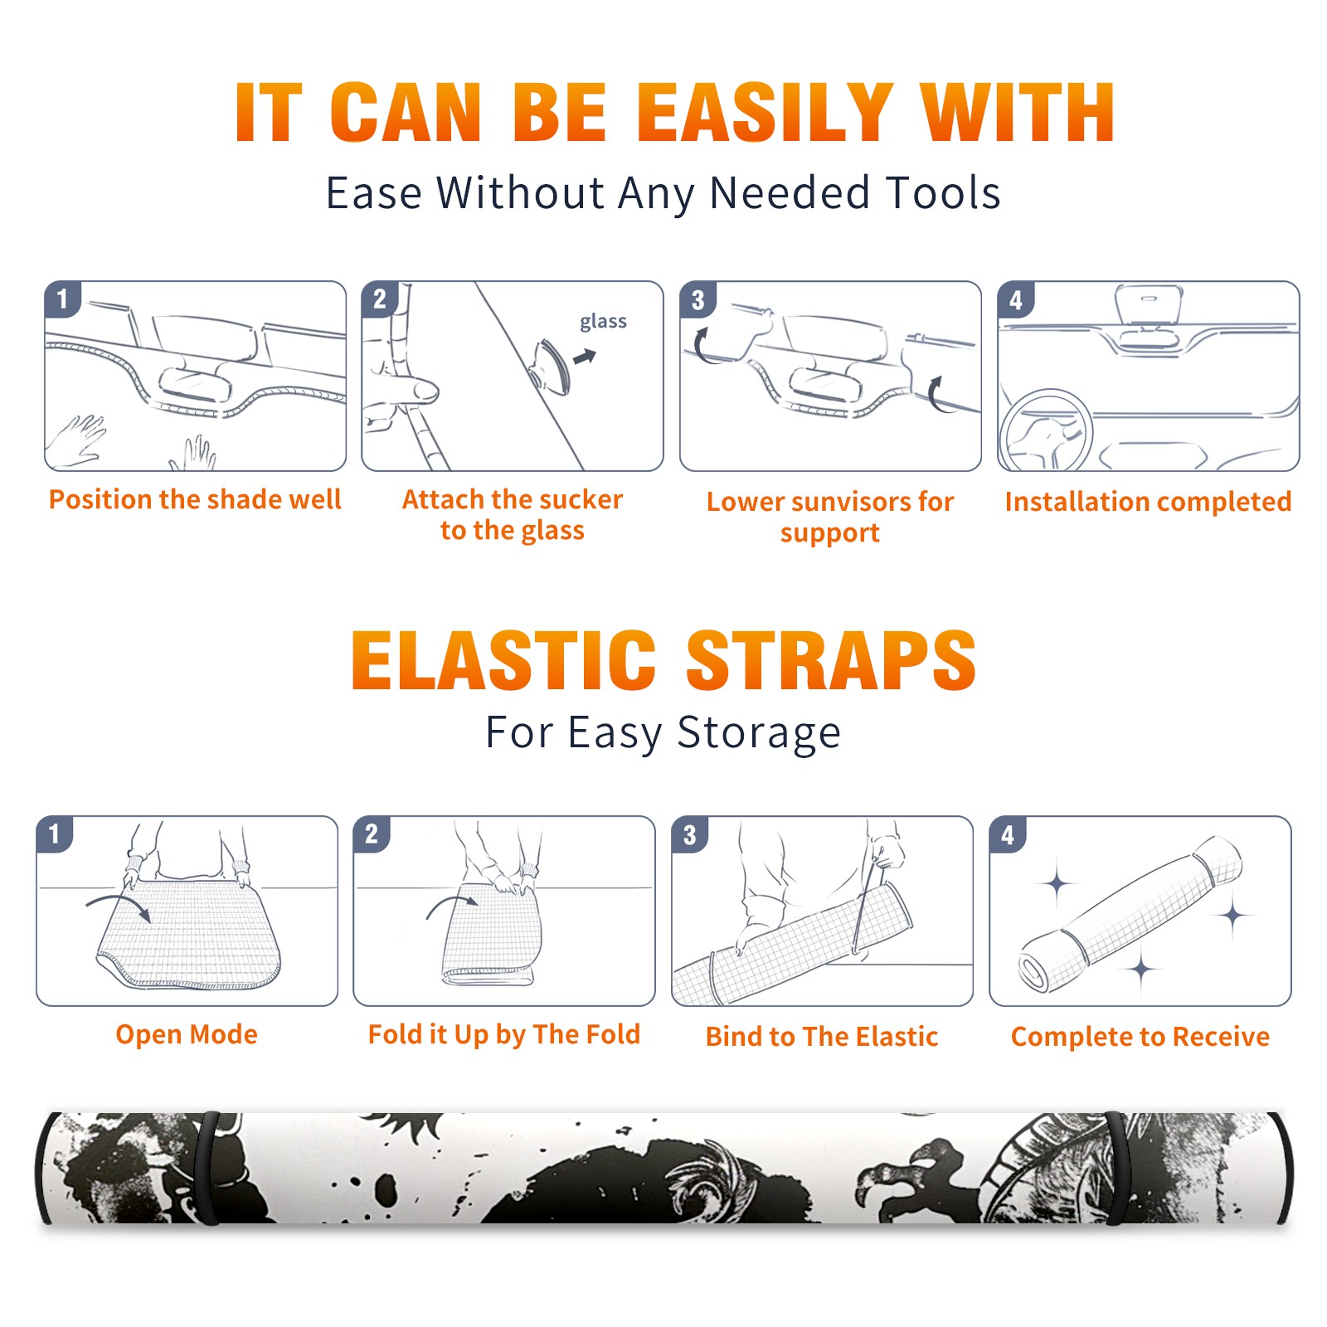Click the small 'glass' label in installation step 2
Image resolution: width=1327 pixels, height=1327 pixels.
[x=603, y=322]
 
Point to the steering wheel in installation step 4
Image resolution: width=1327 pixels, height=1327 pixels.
[x=1045, y=430]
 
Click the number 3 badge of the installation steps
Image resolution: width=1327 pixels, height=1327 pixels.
[x=698, y=299]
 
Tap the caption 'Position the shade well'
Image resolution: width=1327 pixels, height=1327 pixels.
[x=195, y=499]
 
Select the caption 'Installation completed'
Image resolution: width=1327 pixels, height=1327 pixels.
[x=1148, y=502]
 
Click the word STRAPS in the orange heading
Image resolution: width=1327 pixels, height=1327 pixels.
[x=831, y=660]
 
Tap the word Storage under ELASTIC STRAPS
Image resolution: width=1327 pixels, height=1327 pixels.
[x=759, y=733]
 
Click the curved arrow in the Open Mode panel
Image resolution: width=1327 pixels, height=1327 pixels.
[x=119, y=906]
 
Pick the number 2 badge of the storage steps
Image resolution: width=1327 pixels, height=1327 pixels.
[x=372, y=834]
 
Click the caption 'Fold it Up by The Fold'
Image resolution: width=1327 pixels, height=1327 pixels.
[x=504, y=1034]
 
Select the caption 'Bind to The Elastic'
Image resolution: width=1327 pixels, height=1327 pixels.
[x=822, y=1037]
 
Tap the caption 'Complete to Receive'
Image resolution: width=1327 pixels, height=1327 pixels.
[x=1140, y=1037]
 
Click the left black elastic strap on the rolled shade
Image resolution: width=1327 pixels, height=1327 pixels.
[x=208, y=1168]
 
